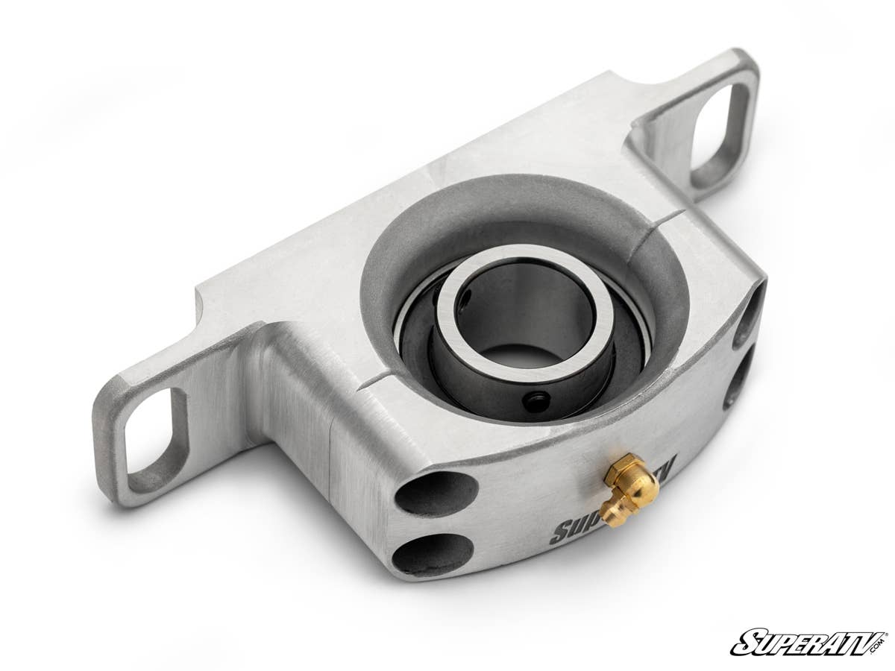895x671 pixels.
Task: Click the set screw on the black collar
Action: [536, 403]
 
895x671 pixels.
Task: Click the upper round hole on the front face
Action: [436, 493]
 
